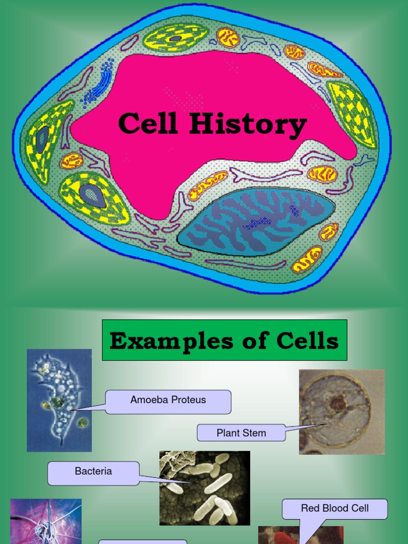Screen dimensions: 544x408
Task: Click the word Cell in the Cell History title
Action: click(149, 124)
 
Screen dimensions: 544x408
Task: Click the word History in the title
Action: click(248, 125)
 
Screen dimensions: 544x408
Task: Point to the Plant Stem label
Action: click(241, 433)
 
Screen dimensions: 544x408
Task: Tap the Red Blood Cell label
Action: click(335, 509)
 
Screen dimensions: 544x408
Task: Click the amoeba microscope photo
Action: click(59, 399)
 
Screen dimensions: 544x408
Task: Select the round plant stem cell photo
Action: click(342, 412)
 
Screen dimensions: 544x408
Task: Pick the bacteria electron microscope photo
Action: click(205, 488)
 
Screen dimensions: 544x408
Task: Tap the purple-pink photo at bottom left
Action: click(46, 521)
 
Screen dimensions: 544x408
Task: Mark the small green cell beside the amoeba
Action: click(82, 423)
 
